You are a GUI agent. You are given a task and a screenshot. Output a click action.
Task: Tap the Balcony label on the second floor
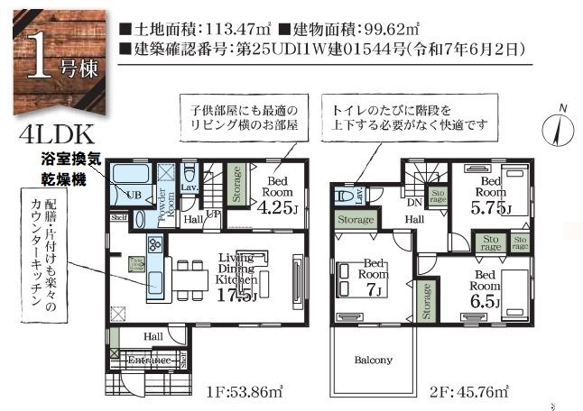click(373, 360)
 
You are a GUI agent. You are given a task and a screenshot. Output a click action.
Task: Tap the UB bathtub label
click(132, 195)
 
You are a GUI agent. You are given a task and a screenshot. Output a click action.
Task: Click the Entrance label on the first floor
click(149, 361)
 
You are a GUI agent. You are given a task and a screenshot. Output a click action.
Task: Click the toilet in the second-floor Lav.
click(345, 194)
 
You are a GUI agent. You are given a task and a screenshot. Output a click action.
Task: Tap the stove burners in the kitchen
click(154, 243)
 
